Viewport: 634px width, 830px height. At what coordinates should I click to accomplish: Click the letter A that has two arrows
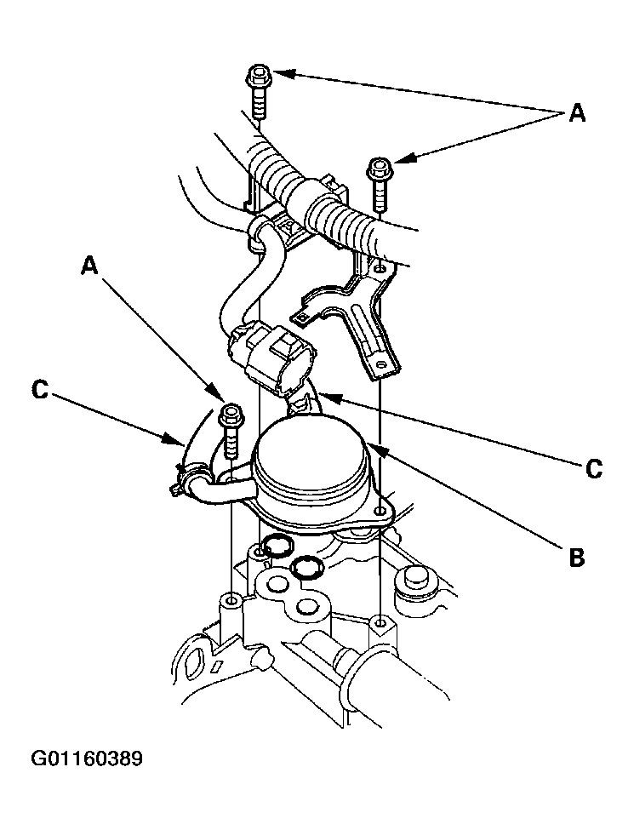[576, 112]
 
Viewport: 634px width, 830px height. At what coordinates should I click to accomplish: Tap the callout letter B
[576, 557]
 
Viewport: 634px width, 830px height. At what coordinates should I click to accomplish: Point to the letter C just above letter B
[594, 468]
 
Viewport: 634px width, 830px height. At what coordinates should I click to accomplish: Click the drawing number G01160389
[87, 758]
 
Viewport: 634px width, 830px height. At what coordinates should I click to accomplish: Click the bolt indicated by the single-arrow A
[231, 430]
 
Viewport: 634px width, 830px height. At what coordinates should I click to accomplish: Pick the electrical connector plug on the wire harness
[270, 355]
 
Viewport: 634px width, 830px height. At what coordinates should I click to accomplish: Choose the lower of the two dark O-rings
[305, 567]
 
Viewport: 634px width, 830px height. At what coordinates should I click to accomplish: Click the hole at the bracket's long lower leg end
[379, 364]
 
